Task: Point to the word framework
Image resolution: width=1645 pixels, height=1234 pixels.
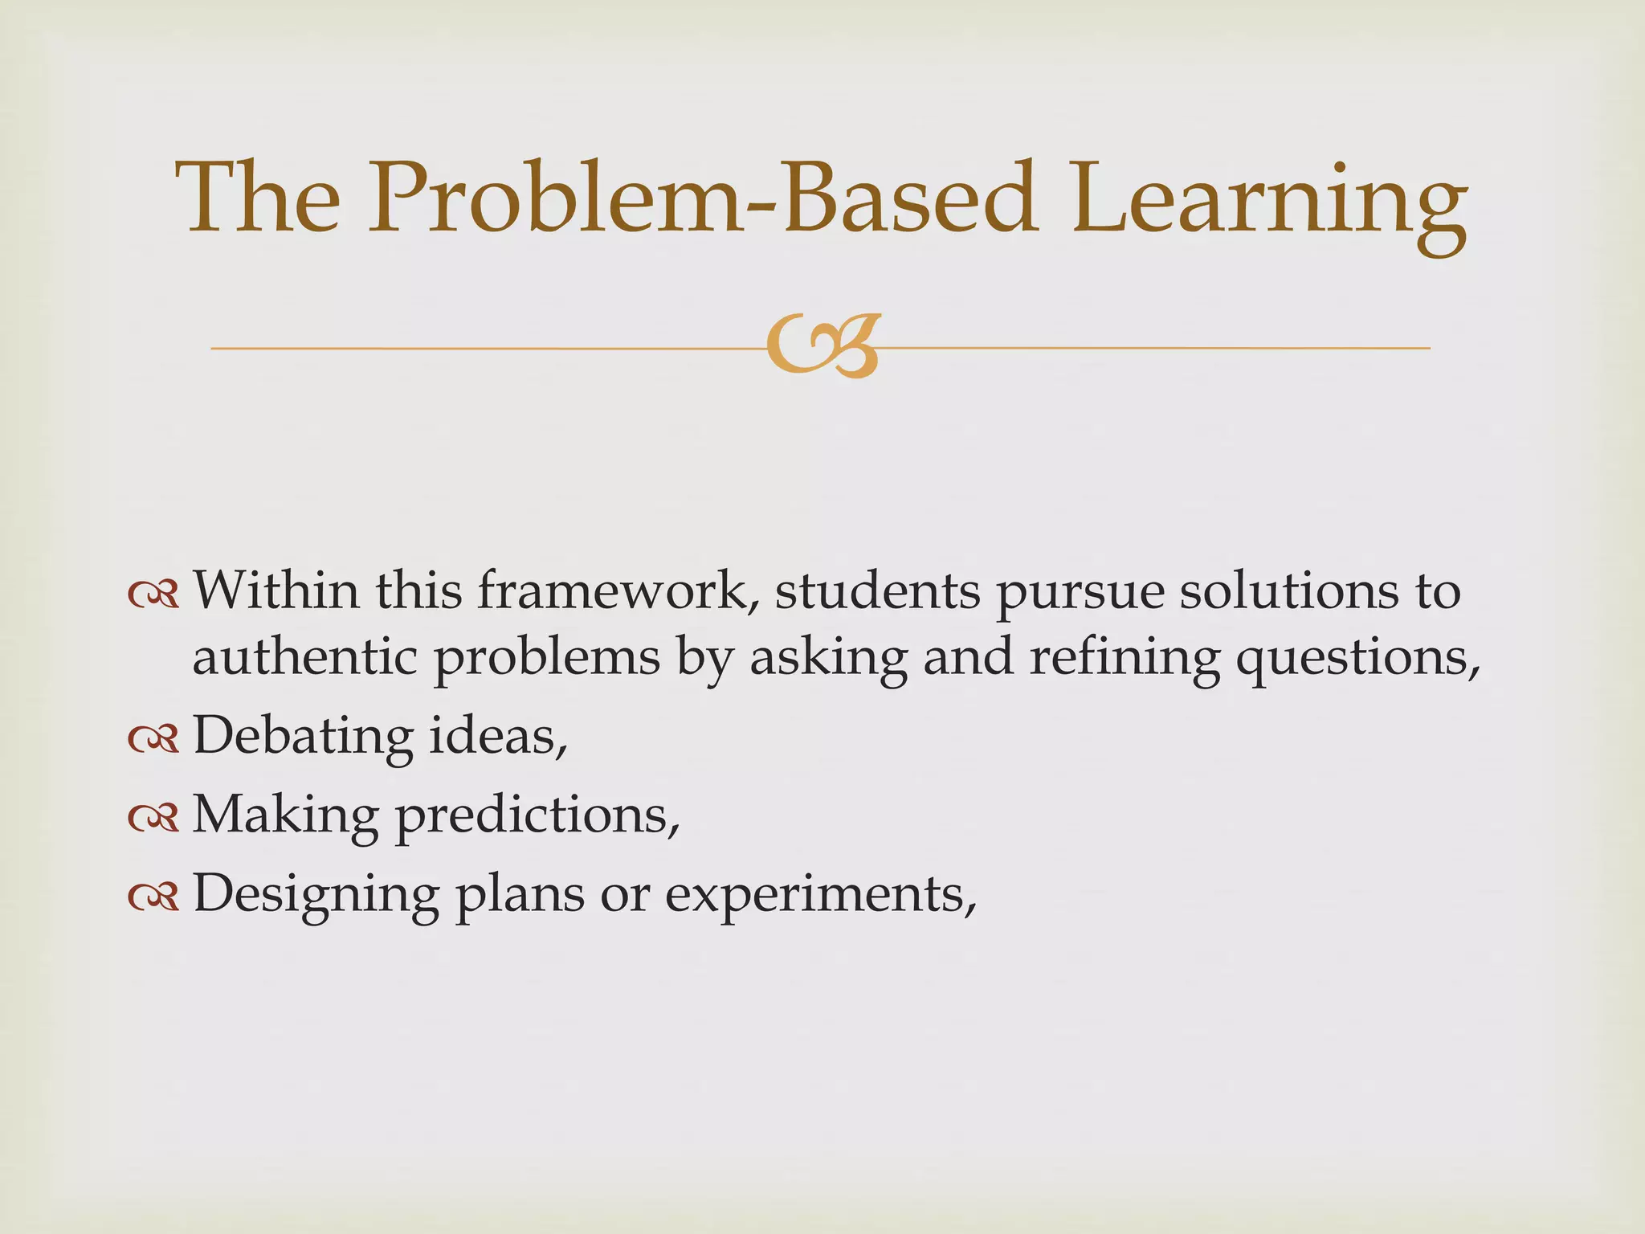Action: point(618,591)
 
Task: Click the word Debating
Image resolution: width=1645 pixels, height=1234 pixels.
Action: point(303,737)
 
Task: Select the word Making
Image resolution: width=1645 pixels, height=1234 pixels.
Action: point(285,816)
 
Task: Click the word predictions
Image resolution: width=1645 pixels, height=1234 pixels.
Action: point(537,816)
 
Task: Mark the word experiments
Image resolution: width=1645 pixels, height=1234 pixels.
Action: point(819,895)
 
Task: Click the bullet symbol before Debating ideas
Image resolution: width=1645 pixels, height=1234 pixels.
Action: point(153,740)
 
